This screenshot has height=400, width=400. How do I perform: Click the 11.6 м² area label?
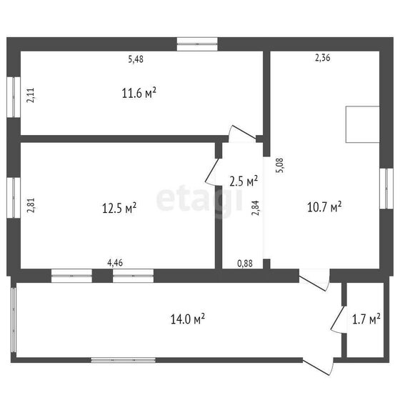pyautogui.click(x=139, y=93)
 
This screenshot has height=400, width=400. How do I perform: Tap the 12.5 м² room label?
pyautogui.click(x=119, y=208)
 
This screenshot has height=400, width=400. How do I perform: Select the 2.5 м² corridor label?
pyautogui.click(x=244, y=181)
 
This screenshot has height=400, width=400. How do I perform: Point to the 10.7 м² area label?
pyautogui.click(x=324, y=206)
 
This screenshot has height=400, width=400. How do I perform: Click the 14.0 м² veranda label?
pyautogui.click(x=187, y=319)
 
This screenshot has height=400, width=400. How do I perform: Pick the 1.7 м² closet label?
pyautogui.click(x=366, y=319)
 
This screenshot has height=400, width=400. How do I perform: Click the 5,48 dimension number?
pyautogui.click(x=136, y=59)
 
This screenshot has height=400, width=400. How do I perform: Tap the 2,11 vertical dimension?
pyautogui.click(x=31, y=95)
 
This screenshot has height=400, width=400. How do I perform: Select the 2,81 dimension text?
pyautogui.click(x=31, y=206)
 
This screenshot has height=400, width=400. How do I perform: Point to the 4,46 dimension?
pyautogui.click(x=115, y=263)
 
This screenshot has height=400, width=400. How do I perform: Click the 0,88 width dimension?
pyautogui.click(x=245, y=264)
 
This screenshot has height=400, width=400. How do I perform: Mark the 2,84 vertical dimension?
pyautogui.click(x=256, y=208)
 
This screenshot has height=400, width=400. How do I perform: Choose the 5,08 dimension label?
pyautogui.click(x=279, y=166)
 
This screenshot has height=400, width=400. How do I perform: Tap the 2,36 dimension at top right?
pyautogui.click(x=323, y=58)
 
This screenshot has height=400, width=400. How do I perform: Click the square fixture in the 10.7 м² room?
pyautogui.click(x=363, y=124)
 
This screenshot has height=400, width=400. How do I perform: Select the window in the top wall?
pyautogui.click(x=197, y=44)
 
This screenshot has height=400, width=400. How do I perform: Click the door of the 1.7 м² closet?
pyautogui.click(x=336, y=319)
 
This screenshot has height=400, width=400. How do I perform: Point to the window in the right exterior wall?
pyautogui.click(x=386, y=189)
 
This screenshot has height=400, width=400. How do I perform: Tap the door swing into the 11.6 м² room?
pyautogui.click(x=242, y=132)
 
